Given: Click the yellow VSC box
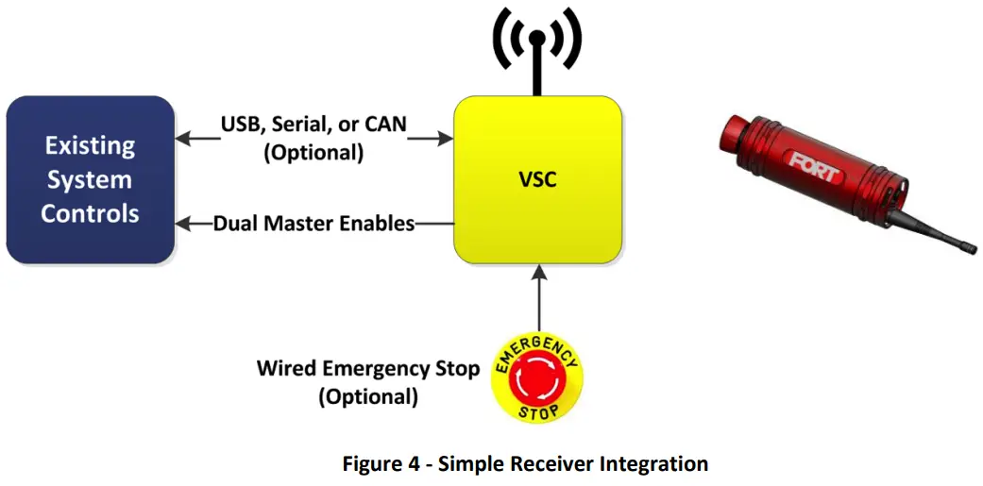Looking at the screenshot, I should pos(537,179).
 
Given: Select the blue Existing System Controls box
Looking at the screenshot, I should pos(90,179).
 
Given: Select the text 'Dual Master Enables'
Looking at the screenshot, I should pos(314,224).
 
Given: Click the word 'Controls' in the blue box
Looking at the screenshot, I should pos(90,213).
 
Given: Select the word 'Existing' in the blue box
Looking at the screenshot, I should pos(91,145).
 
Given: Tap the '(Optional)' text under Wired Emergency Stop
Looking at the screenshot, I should pos(368,396).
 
